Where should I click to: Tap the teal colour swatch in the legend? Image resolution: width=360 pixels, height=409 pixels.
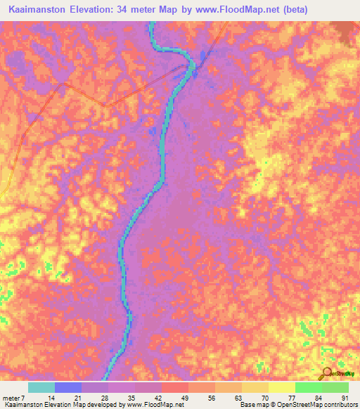coord(41,387)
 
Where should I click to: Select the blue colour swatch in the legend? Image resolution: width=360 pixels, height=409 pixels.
coord(67,387)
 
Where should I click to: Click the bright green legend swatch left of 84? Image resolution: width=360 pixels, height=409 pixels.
coord(308,387)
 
